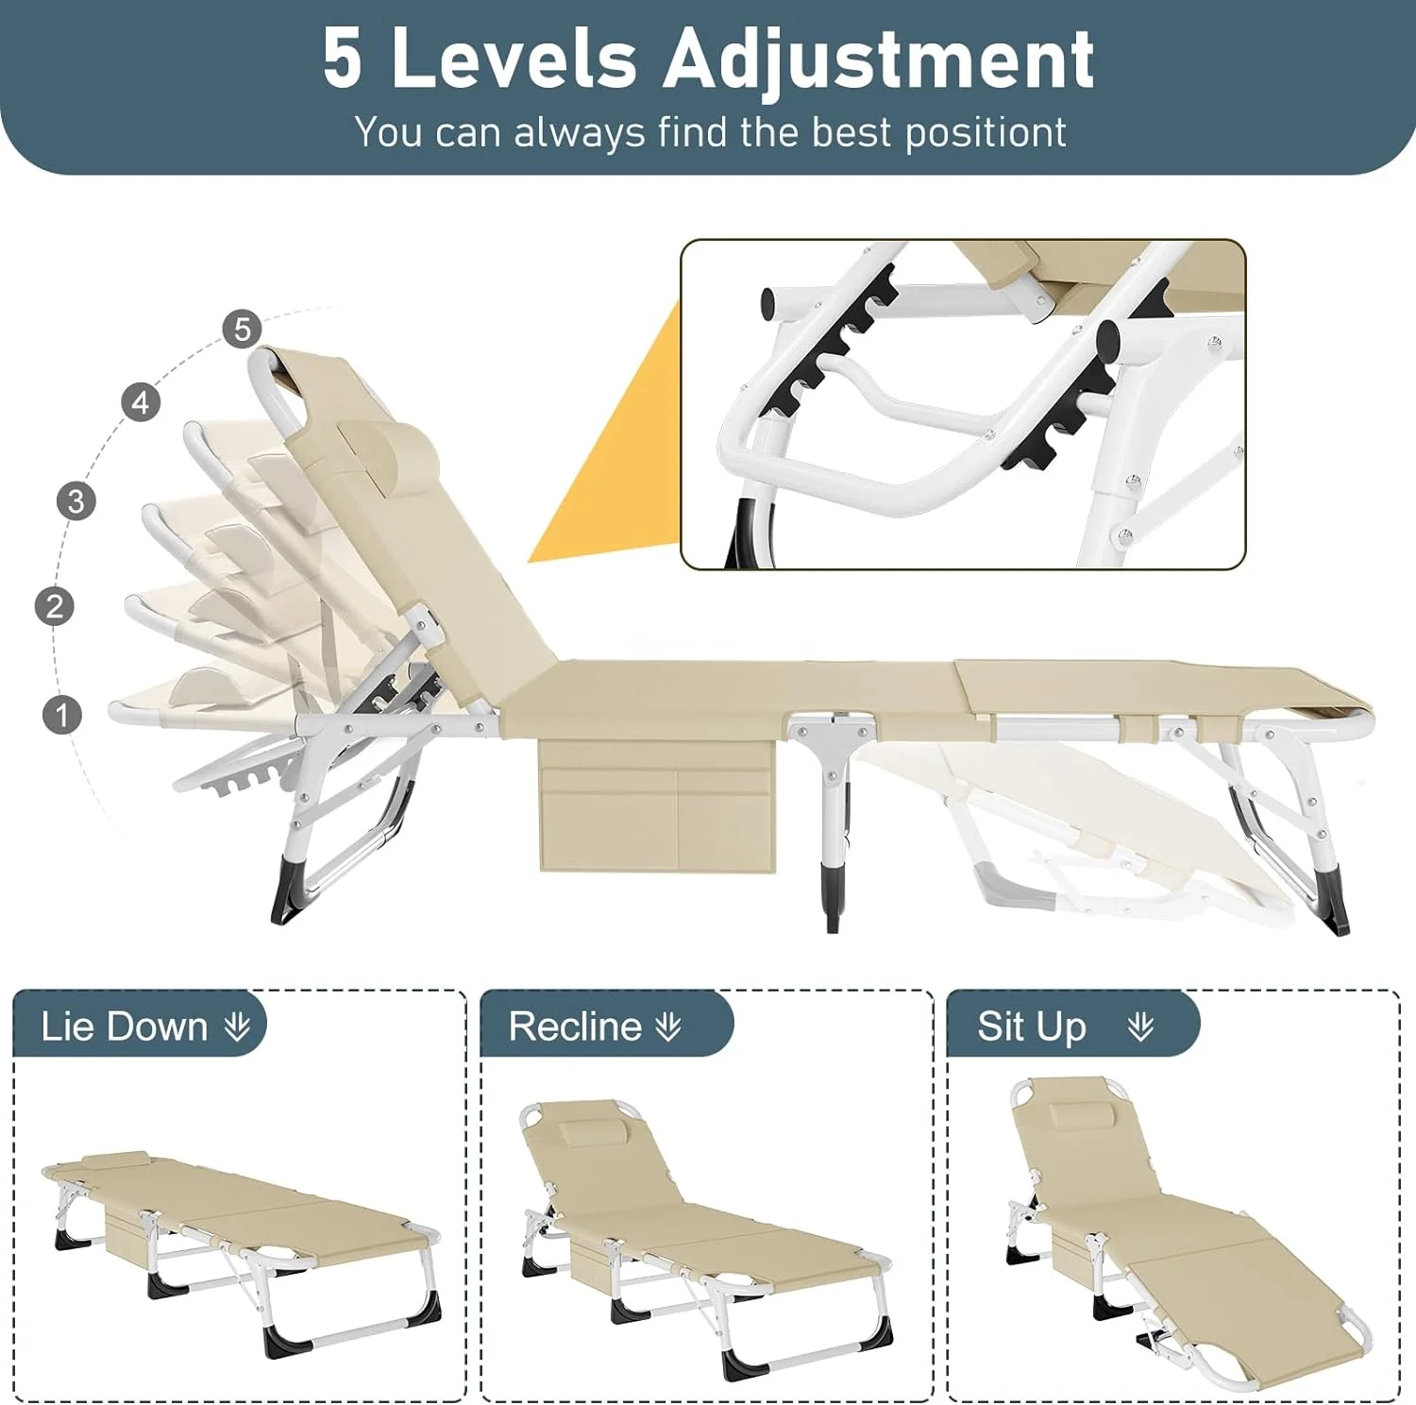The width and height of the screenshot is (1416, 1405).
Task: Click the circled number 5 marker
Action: point(243,329)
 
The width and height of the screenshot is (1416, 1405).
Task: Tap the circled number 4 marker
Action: point(141,403)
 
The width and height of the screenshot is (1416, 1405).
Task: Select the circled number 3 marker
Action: point(76,500)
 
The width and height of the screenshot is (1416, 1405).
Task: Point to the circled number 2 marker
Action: point(55,606)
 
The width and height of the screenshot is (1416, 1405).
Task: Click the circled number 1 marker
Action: point(62,715)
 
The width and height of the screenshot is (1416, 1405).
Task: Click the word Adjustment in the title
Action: point(878,60)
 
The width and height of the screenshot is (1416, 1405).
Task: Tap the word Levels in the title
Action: point(514,59)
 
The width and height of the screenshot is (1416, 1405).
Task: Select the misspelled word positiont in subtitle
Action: point(986,133)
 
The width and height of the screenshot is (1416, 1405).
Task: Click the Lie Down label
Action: point(124,1026)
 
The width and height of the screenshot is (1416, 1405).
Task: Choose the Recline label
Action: point(575,1026)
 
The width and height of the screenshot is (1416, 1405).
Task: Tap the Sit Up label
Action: point(1032,1026)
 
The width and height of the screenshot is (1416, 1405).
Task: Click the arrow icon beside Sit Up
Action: point(1140,1026)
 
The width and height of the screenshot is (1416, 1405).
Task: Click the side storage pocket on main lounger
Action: point(657,807)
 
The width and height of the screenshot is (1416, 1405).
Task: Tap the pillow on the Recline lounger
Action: point(593,1133)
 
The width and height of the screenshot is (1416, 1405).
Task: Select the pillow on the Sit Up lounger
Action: point(1079,1115)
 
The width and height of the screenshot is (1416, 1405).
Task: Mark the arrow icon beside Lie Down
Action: point(238,1026)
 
